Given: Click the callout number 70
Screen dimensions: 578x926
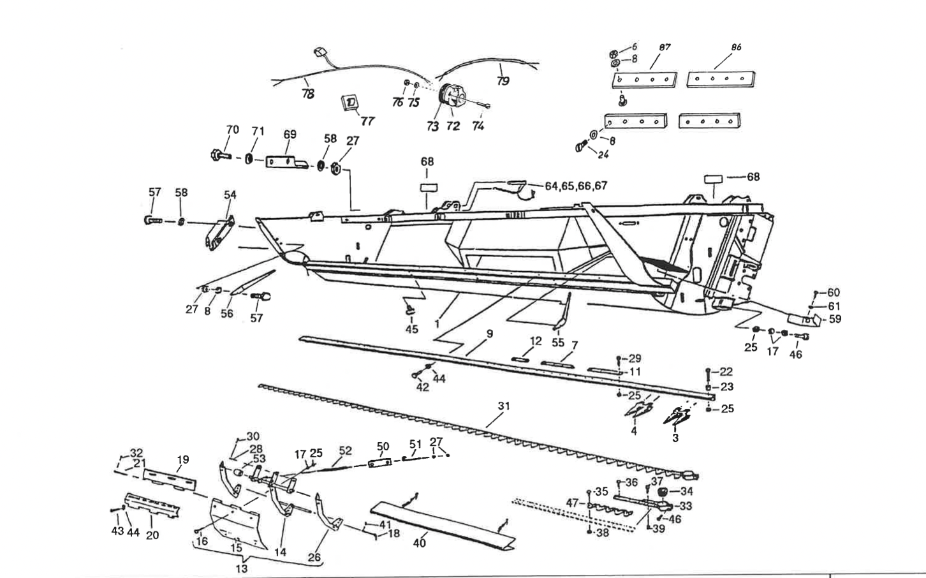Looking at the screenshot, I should [232, 130].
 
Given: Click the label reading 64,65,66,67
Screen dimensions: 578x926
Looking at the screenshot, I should [576, 186].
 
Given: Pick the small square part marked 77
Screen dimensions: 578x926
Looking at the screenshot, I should [350, 103].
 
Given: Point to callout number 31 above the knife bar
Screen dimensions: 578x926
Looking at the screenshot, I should [504, 406].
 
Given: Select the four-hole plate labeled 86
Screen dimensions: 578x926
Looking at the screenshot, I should [721, 78].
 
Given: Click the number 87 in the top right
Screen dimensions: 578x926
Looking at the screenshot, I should [665, 47].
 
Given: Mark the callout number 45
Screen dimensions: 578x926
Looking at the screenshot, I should [411, 329].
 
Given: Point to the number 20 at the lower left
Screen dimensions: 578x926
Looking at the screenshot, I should [152, 535].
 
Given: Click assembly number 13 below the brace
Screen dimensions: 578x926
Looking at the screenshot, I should [242, 569].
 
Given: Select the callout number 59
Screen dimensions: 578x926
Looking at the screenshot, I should [834, 319].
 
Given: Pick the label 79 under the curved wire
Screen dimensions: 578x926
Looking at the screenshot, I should [503, 81].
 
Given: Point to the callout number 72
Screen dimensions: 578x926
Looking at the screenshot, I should [452, 126].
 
